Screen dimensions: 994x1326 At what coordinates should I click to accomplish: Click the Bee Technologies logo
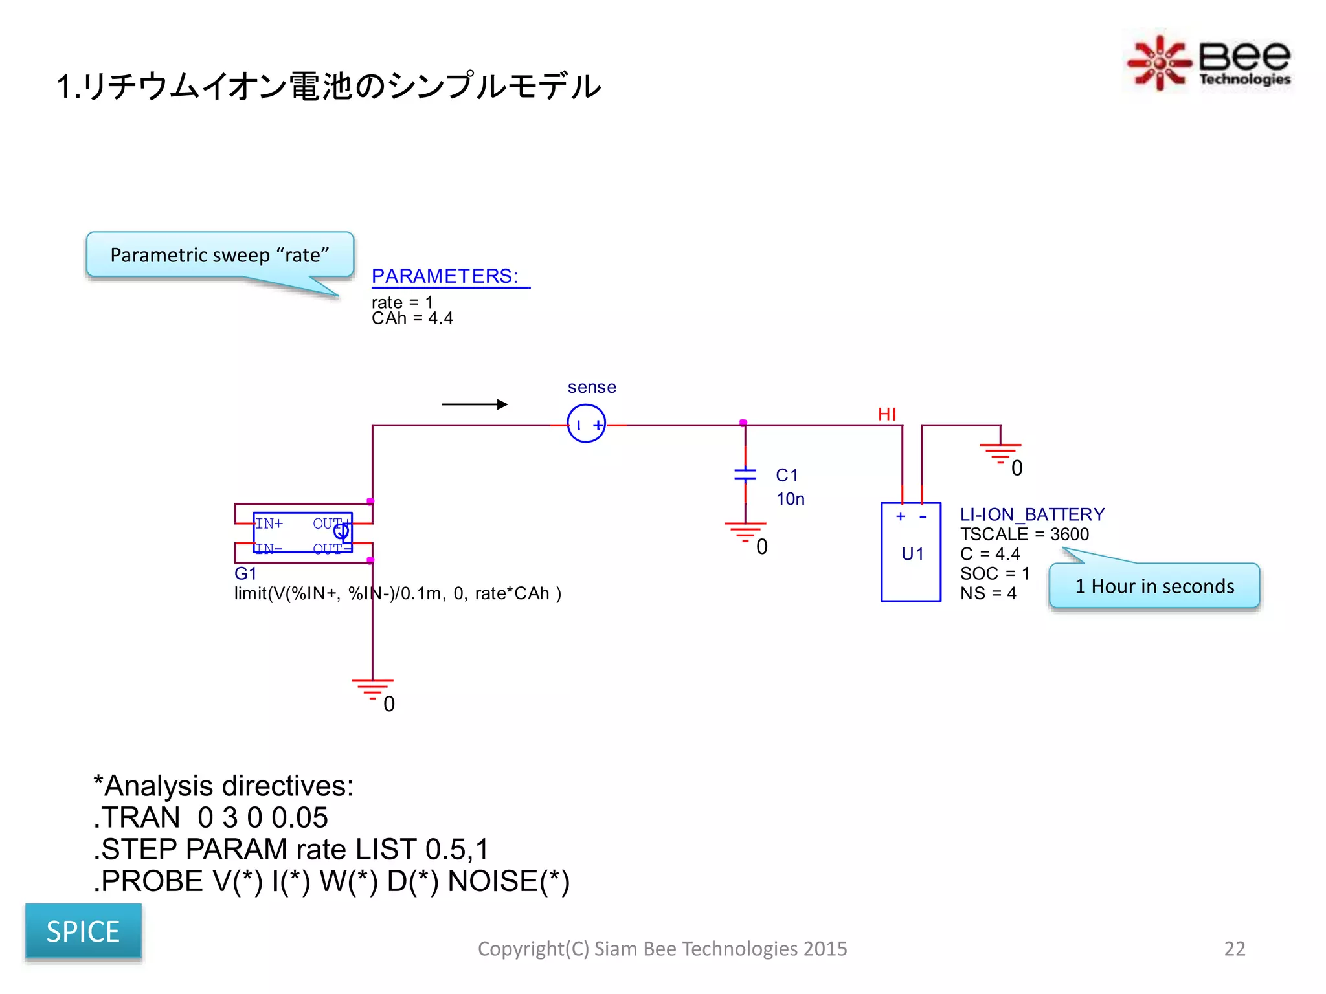tap(1208, 62)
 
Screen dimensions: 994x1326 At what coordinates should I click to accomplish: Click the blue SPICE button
tap(83, 931)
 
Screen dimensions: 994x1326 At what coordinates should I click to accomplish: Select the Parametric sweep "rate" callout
tap(219, 254)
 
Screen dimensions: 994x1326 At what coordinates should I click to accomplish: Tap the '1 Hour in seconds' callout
tap(1154, 586)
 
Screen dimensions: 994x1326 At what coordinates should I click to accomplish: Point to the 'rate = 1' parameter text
tap(402, 302)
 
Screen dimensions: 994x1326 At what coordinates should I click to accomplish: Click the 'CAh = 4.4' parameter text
tap(412, 318)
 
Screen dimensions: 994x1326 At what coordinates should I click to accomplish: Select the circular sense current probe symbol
tap(586, 425)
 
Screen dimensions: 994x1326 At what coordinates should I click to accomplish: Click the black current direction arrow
tap(475, 404)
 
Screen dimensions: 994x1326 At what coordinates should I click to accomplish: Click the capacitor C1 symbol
tap(745, 474)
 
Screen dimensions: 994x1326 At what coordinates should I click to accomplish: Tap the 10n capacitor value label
tap(790, 499)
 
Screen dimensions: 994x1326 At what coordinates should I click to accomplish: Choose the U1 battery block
tap(911, 552)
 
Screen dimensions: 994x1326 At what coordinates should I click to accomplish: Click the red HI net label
tap(887, 414)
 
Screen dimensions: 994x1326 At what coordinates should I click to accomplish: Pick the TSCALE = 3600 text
tap(1024, 535)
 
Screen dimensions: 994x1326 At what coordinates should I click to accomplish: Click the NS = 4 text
tap(988, 593)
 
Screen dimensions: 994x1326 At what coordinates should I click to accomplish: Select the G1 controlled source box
tap(303, 533)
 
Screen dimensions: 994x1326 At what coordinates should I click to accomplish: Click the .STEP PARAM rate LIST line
tap(291, 849)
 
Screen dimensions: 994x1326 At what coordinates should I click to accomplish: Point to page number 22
tap(1234, 949)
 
